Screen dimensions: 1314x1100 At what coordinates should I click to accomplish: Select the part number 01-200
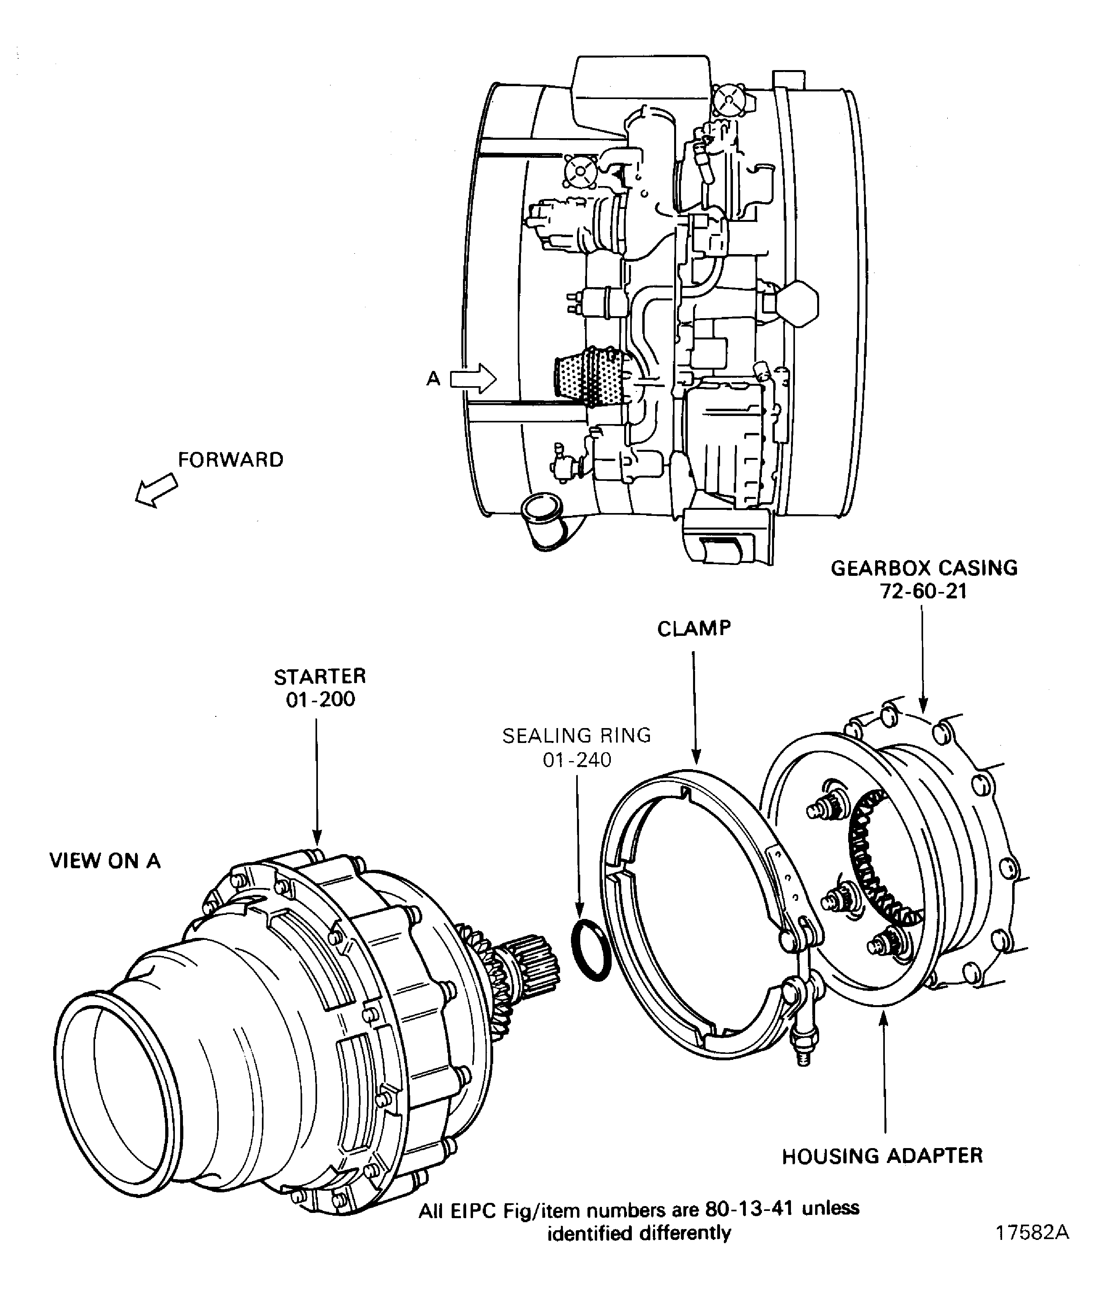click(320, 699)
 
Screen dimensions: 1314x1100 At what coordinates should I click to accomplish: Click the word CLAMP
click(694, 628)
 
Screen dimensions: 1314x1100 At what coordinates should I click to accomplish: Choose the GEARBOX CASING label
click(924, 568)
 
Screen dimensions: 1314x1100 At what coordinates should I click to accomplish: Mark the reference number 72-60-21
click(924, 591)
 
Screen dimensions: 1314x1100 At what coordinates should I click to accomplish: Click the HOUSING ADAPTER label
click(882, 1156)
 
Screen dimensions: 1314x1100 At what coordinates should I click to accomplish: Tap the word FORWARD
click(230, 460)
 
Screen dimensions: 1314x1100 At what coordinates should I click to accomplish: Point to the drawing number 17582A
click(1032, 1232)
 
